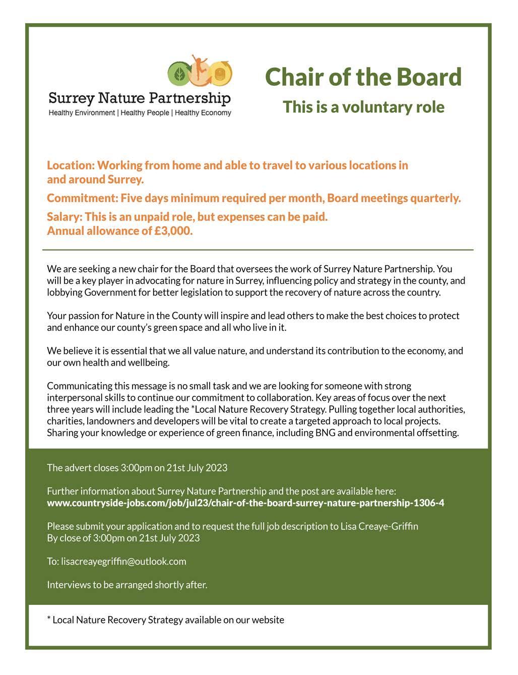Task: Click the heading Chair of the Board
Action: pyautogui.click(x=363, y=77)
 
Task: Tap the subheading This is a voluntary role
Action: pyautogui.click(x=363, y=107)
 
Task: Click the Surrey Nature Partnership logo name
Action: pyautogui.click(x=140, y=98)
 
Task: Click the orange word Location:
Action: pyautogui.click(x=71, y=165)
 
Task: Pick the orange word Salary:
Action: pyautogui.click(x=64, y=217)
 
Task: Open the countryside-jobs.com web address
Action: pyautogui.click(x=245, y=503)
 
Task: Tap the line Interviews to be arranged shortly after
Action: pyautogui.click(x=127, y=585)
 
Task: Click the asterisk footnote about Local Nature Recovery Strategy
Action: pyautogui.click(x=165, y=620)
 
